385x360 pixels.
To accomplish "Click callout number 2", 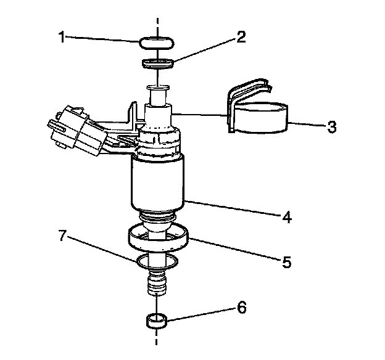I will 241,36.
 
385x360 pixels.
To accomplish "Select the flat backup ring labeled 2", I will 158,63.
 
